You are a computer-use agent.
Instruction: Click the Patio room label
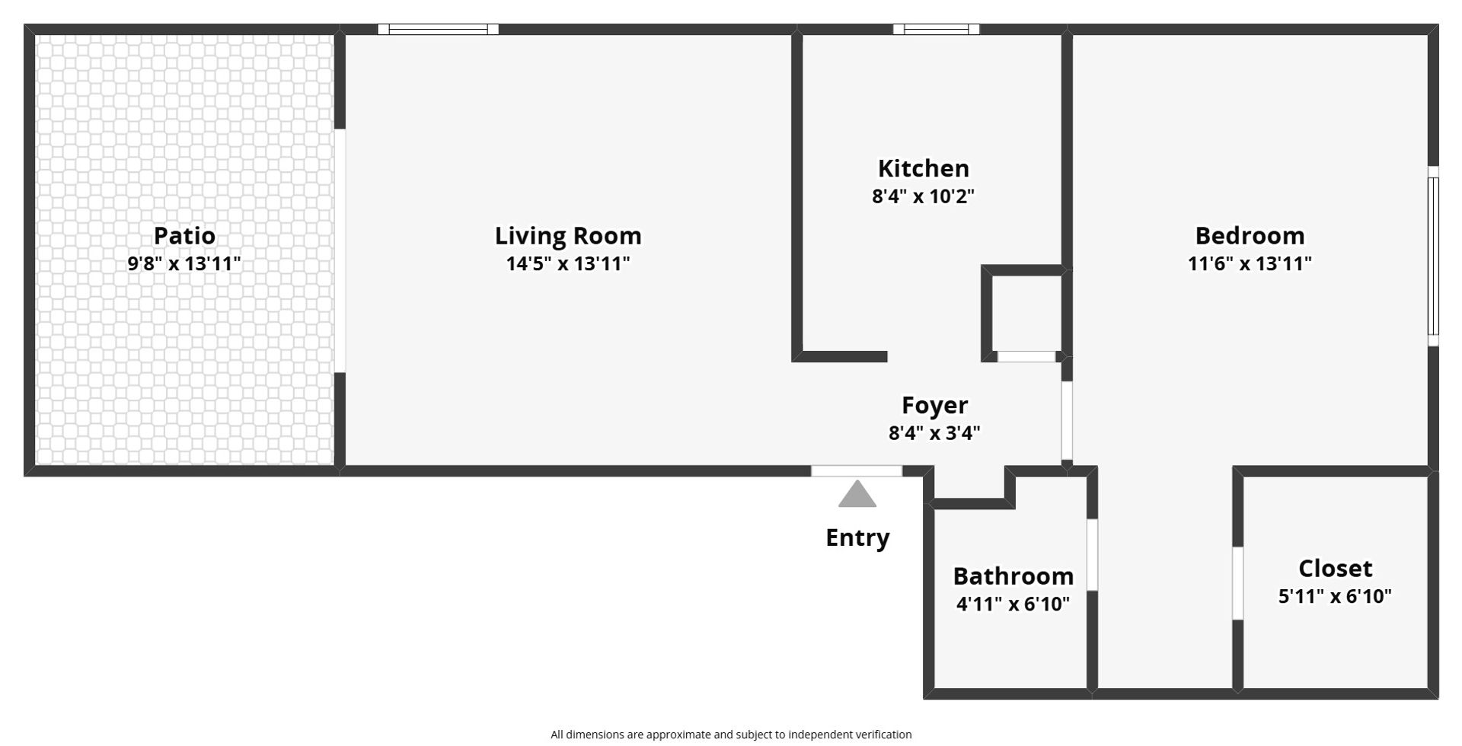pos(184,235)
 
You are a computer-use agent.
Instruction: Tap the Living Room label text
pos(568,236)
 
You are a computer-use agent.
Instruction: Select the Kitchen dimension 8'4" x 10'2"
pos(923,196)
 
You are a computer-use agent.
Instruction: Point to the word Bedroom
pos(1250,235)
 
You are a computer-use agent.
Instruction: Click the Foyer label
pos(934,405)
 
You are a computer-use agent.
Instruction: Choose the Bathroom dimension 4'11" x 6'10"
pos(1013,604)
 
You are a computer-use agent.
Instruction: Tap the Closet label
pos(1335,569)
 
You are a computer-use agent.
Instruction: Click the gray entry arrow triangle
pos(857,494)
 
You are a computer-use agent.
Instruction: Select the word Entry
pos(857,538)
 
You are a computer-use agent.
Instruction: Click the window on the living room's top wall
pos(438,30)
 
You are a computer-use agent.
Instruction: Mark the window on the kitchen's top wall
pos(936,30)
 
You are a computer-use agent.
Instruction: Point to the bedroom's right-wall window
pos(1433,256)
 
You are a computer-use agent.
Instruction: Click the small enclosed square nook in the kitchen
pos(1026,313)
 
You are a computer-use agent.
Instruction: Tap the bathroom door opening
pos(1092,555)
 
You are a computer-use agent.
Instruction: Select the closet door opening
pos(1238,583)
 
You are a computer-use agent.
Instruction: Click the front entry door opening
pos(857,471)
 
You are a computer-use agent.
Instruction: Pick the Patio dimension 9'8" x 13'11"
pos(184,264)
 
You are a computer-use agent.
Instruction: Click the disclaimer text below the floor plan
pos(731,735)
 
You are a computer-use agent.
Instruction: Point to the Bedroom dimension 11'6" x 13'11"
pos(1250,264)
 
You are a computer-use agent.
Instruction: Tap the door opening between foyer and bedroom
pos(1067,420)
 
